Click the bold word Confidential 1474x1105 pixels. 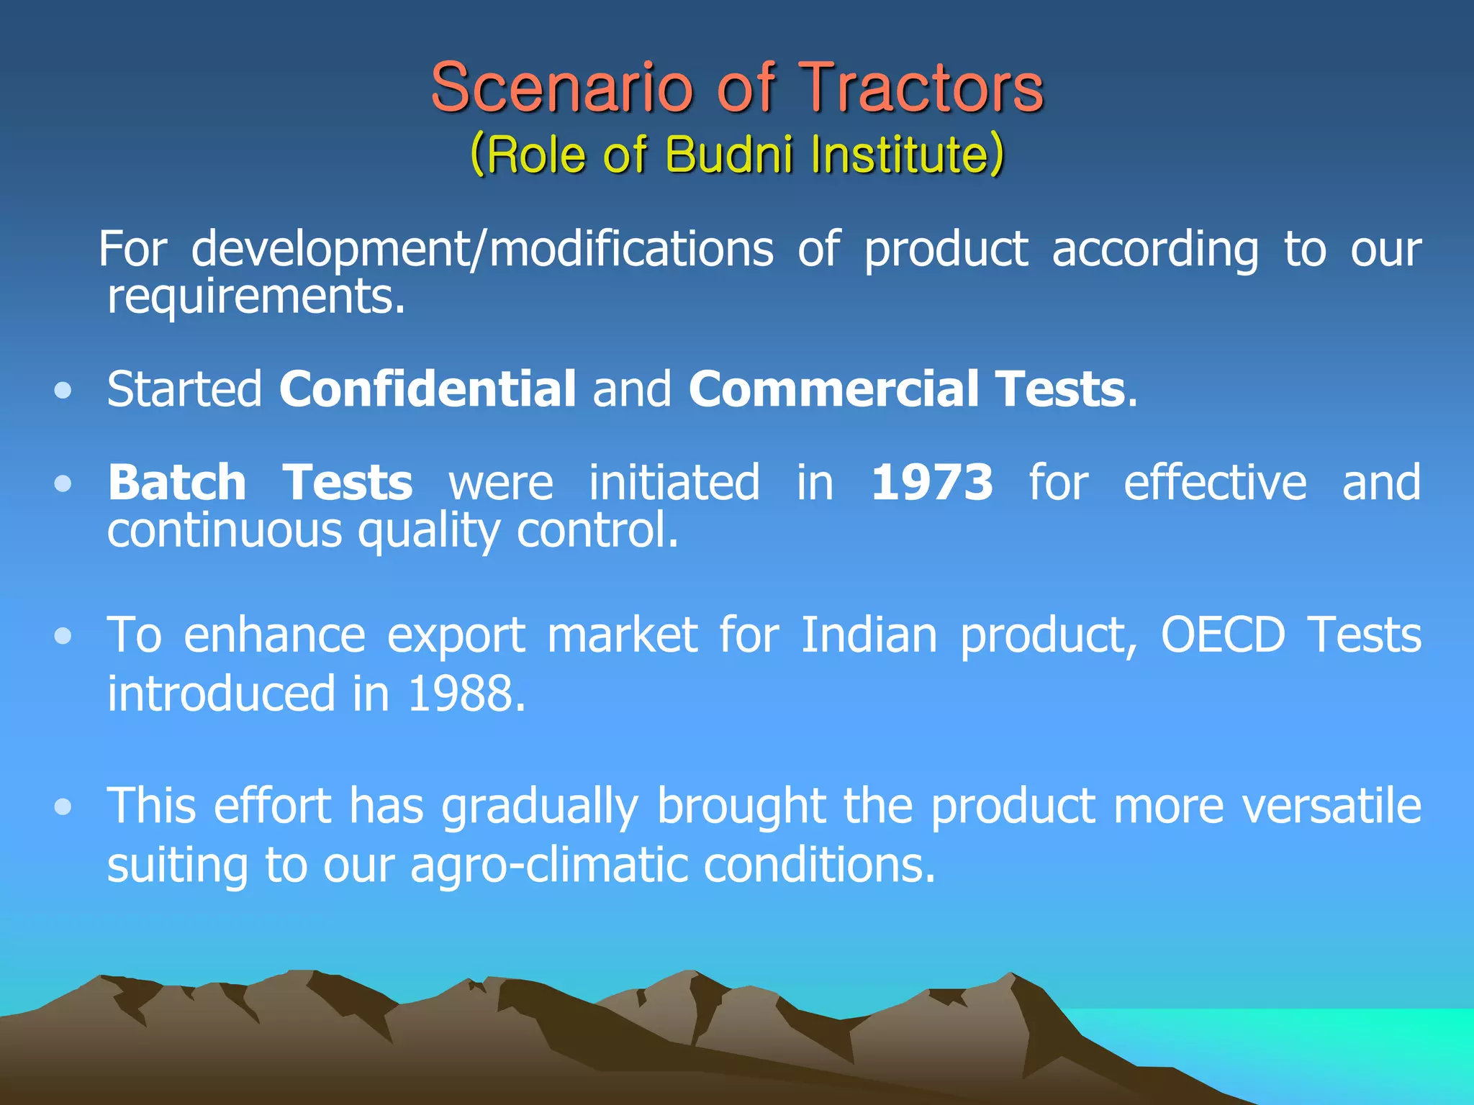pos(428,389)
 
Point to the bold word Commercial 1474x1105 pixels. pos(833,389)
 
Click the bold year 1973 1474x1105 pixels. pos(932,483)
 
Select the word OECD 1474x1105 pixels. pos(1223,635)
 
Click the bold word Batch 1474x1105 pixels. pos(177,483)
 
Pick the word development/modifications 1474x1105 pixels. pos(482,250)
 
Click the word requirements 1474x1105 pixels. pos(256,296)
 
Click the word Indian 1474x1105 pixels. pos(869,635)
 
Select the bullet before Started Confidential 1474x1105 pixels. pos(63,391)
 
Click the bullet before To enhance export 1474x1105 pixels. pos(63,636)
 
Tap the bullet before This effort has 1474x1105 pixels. pos(63,806)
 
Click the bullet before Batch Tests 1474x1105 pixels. pos(63,483)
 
